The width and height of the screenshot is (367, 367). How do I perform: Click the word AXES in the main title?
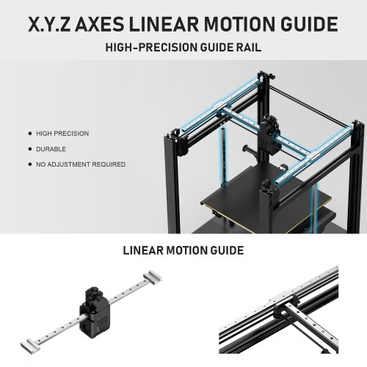[x=99, y=24]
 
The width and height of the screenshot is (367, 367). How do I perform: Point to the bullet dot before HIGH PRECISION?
[x=30, y=134]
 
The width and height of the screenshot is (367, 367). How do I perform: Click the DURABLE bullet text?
[x=51, y=149]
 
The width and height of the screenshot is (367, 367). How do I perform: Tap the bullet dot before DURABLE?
[x=30, y=149]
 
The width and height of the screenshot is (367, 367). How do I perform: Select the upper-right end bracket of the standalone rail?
[x=153, y=277]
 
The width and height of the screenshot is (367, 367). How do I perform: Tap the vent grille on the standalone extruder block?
[x=102, y=322]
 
